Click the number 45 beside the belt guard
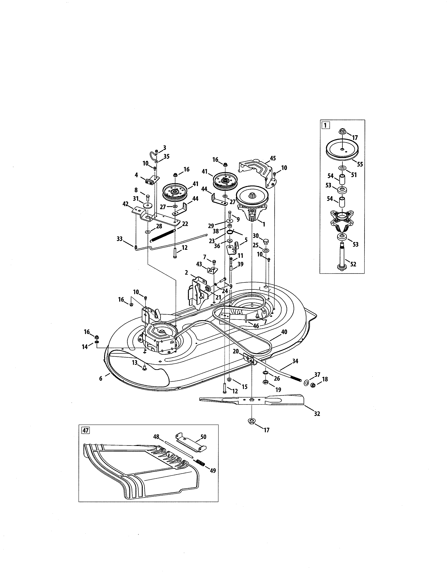coord(272,158)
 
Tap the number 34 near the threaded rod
coord(295,361)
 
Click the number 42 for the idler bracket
coord(125,204)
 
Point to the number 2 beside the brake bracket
coord(187,273)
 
